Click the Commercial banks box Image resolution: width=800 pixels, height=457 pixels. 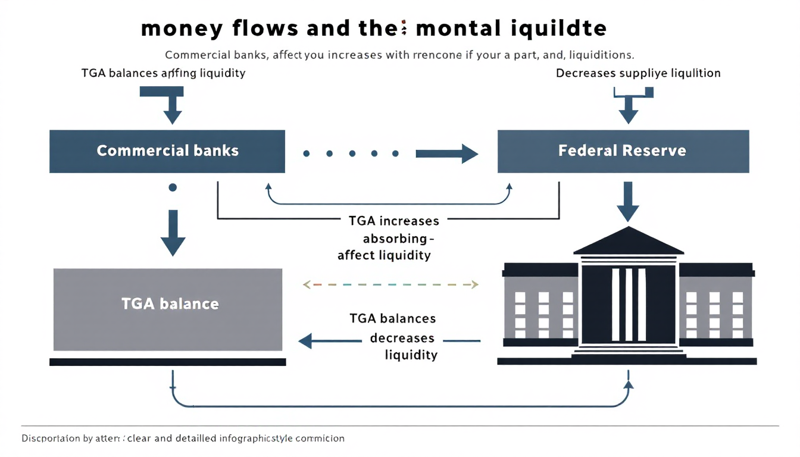coord(167,151)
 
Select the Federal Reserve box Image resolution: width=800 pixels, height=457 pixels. coord(623,151)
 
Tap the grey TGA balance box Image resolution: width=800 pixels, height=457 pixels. coord(168,309)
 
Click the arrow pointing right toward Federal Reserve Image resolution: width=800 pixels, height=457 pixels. coord(446,154)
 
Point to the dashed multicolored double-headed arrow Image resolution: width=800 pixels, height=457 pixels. coord(391,285)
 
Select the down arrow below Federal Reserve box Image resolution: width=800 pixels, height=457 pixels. coord(628,201)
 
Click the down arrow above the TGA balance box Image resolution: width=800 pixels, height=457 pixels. coord(173,232)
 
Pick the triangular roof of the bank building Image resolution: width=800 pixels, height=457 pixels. coord(629,242)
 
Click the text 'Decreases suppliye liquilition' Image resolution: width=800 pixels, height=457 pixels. coord(638,73)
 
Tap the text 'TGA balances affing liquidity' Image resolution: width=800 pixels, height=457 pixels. coord(163,74)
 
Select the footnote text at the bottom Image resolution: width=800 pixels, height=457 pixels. coord(183,439)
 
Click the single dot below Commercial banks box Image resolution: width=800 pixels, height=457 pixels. coord(173,187)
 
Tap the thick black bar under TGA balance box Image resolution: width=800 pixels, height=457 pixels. coord(168,362)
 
